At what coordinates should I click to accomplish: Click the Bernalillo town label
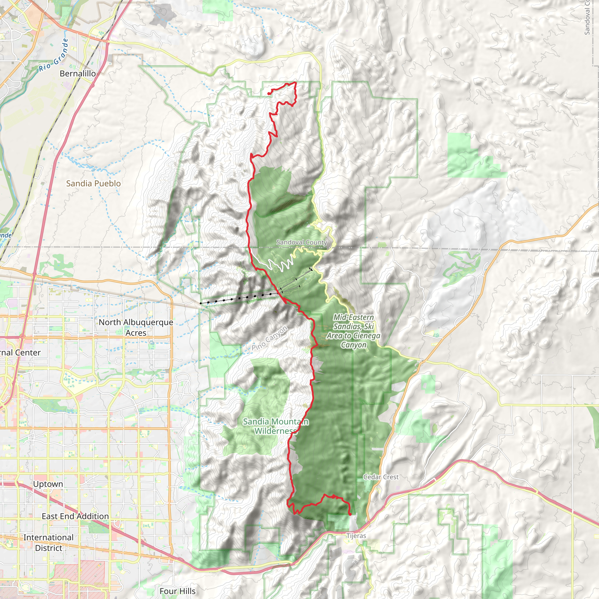click(x=78, y=73)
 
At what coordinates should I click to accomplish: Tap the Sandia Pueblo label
click(x=93, y=184)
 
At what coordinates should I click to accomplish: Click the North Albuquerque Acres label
click(x=136, y=327)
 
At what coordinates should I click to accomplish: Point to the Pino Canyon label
click(x=269, y=338)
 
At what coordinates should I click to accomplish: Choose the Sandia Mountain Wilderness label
click(x=275, y=426)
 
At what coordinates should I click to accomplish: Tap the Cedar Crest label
click(x=381, y=477)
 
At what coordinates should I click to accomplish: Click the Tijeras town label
click(x=356, y=536)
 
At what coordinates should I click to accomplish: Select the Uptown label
click(x=48, y=484)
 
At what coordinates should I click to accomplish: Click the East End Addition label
click(x=75, y=517)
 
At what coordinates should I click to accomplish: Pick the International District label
click(x=48, y=543)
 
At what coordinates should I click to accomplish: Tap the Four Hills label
click(x=177, y=591)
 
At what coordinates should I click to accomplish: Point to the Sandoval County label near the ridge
click(x=301, y=242)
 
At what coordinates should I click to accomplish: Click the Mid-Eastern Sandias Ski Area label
click(x=353, y=331)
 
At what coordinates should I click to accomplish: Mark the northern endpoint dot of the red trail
click(x=268, y=94)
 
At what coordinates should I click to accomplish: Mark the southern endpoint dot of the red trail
click(x=350, y=514)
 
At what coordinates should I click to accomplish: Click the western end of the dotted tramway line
click(x=201, y=303)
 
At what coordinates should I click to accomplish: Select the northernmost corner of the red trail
click(x=295, y=82)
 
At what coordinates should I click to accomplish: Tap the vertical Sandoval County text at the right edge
click(x=587, y=19)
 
